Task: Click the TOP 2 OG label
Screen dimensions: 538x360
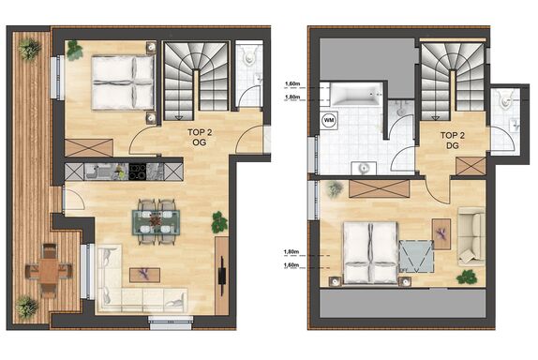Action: tap(200, 137)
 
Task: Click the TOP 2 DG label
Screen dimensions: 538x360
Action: tap(453, 141)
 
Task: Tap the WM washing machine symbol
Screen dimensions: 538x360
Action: tap(329, 120)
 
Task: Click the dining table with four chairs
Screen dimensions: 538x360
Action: tap(157, 222)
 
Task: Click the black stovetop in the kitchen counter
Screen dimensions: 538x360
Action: tap(137, 172)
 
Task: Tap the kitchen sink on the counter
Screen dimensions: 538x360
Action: tap(95, 172)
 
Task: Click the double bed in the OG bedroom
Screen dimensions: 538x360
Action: tap(123, 82)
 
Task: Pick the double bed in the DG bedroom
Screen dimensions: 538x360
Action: tap(370, 252)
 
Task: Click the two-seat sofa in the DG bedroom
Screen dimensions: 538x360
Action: tap(471, 236)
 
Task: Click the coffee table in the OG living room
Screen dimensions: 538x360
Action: tap(144, 275)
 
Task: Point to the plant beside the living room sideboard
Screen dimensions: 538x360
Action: tap(219, 222)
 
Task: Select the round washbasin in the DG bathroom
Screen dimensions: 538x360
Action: tap(364, 169)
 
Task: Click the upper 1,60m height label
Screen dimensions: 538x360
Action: tap(292, 83)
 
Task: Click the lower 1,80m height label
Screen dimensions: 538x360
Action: tap(291, 252)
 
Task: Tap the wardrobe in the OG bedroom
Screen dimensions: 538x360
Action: tap(88, 148)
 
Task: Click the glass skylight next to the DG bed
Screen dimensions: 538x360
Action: tap(416, 257)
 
